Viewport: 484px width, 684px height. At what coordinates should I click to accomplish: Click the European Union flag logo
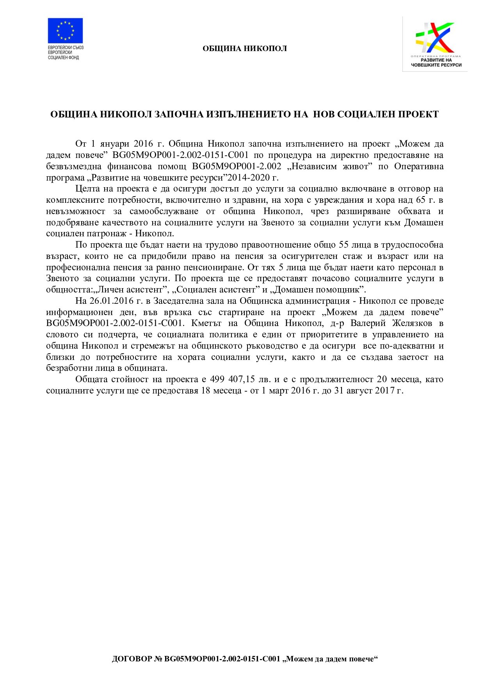(x=65, y=30)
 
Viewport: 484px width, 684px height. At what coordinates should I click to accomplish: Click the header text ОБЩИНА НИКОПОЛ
(x=245, y=49)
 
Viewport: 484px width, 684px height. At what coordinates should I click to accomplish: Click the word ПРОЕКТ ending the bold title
(x=418, y=114)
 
